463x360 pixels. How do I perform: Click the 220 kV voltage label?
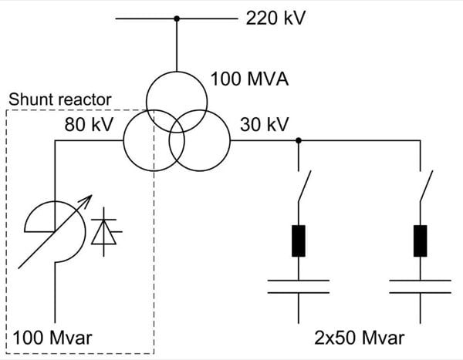point(275,18)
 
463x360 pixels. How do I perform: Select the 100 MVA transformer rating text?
point(249,79)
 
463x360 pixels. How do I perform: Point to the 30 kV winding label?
point(261,124)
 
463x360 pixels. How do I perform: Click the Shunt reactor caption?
point(60,99)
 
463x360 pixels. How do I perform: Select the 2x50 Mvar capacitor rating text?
point(359,338)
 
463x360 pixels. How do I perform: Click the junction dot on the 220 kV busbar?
point(177,18)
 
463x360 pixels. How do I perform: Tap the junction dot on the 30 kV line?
point(299,140)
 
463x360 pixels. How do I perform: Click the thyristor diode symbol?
point(103,231)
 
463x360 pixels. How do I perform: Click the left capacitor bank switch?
point(305,185)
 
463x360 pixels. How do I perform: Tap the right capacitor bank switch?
point(427,185)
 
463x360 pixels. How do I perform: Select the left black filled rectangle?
point(299,241)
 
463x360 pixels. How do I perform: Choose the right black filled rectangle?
point(421,241)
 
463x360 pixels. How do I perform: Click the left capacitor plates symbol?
point(299,287)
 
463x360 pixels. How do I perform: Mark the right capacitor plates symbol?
point(421,287)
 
